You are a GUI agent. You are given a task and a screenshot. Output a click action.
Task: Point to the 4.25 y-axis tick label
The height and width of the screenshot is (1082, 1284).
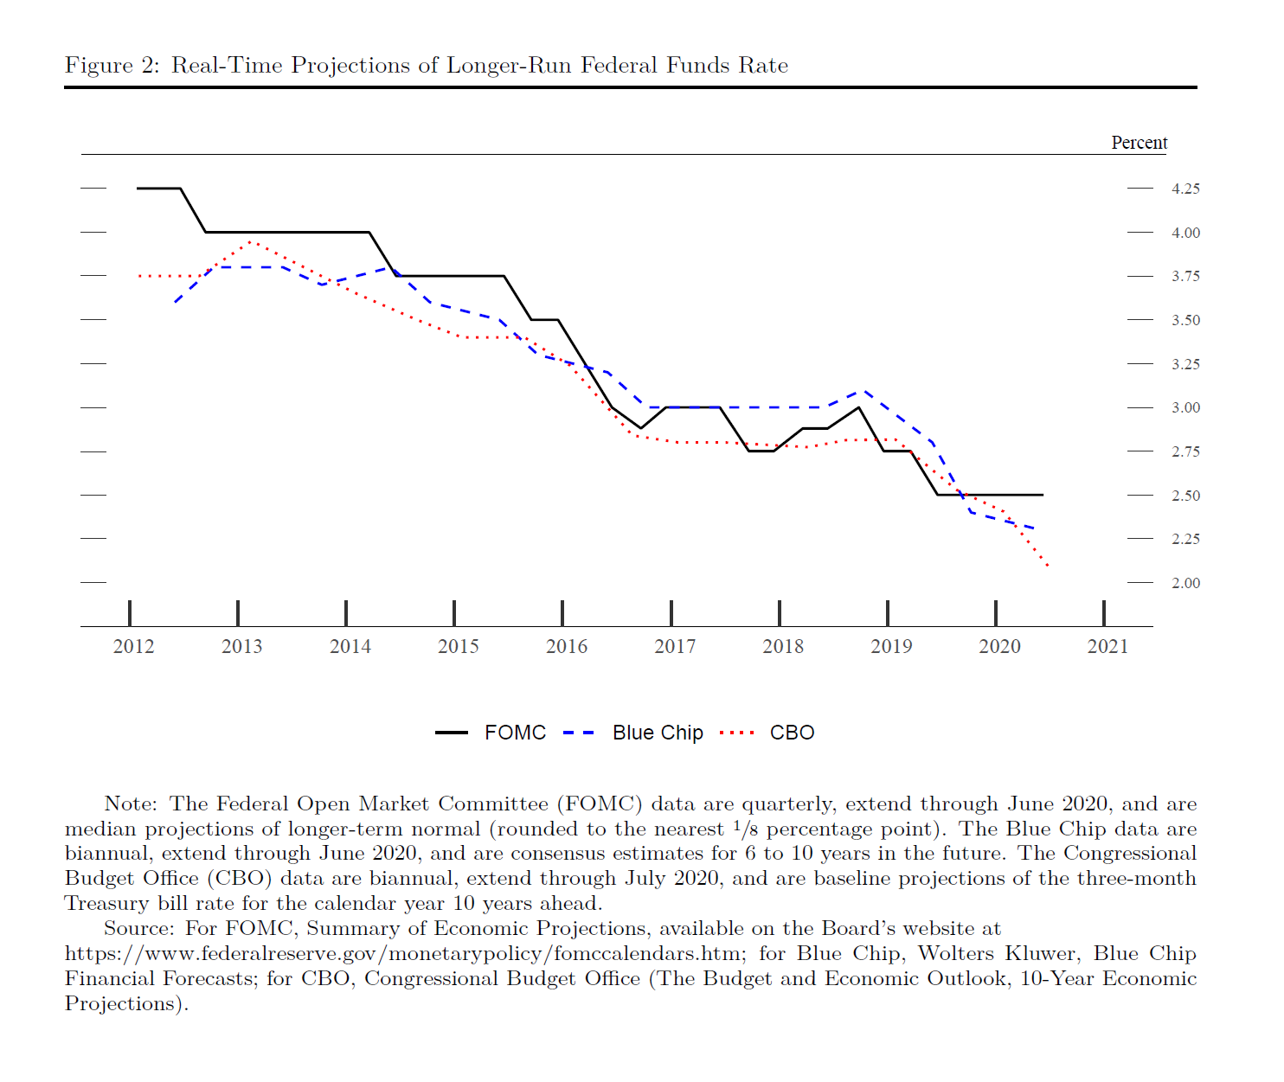click(1185, 189)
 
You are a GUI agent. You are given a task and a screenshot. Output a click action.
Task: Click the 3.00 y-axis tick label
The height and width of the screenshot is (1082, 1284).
click(1185, 407)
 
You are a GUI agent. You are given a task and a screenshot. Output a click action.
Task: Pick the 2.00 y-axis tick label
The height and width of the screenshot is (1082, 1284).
click(1185, 583)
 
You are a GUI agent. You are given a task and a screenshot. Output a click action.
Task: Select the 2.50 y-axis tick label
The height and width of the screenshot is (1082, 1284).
click(1185, 496)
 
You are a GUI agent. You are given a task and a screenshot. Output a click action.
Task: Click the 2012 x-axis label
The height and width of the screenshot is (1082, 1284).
click(133, 646)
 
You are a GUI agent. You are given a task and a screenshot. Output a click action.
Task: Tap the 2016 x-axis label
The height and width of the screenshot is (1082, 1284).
click(567, 646)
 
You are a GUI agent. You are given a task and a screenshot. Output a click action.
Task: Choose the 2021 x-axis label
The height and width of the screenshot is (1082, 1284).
click(1107, 646)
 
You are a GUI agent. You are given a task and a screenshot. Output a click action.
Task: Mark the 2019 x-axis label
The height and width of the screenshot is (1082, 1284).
click(891, 646)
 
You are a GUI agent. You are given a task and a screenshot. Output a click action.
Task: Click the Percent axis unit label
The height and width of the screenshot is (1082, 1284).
click(1139, 143)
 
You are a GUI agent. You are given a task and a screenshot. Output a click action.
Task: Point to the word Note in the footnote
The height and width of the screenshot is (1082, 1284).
click(129, 803)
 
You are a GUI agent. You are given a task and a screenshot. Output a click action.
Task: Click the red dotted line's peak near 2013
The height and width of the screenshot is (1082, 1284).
click(250, 241)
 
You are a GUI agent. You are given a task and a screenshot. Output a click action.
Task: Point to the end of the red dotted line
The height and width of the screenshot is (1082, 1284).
click(1048, 566)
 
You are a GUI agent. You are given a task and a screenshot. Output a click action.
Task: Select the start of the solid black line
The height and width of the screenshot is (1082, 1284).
click(138, 188)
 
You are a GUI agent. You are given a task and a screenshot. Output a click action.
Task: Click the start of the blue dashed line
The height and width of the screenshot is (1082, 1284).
click(175, 302)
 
